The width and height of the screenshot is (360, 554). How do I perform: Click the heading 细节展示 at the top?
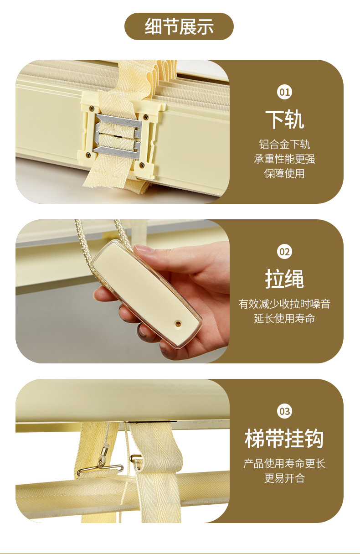pos(179,26)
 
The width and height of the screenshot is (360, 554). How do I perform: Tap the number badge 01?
pos(284,92)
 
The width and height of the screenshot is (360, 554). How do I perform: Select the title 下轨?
pos(284,120)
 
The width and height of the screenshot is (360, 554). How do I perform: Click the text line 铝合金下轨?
pos(284,145)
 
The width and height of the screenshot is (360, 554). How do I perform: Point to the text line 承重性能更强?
pos(284,159)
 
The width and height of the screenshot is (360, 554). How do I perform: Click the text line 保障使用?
pos(284,174)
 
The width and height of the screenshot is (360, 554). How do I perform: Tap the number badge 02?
pos(284,252)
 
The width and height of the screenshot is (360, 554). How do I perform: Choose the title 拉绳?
pos(284,279)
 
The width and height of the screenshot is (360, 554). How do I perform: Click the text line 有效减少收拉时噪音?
pos(284,304)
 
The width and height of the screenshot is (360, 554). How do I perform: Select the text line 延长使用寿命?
pos(284,318)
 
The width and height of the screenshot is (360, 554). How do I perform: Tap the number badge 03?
pos(284,411)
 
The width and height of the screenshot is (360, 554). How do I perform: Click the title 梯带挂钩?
pos(284,439)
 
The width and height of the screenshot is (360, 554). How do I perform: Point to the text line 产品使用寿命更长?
pos(284,463)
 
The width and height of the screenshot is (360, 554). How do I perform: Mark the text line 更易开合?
pos(284,478)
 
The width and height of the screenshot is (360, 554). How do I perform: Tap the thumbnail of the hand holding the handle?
pos(123,291)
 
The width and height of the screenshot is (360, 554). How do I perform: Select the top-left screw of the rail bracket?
pos(92,108)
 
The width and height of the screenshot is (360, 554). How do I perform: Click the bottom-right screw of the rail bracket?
pos(142,164)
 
